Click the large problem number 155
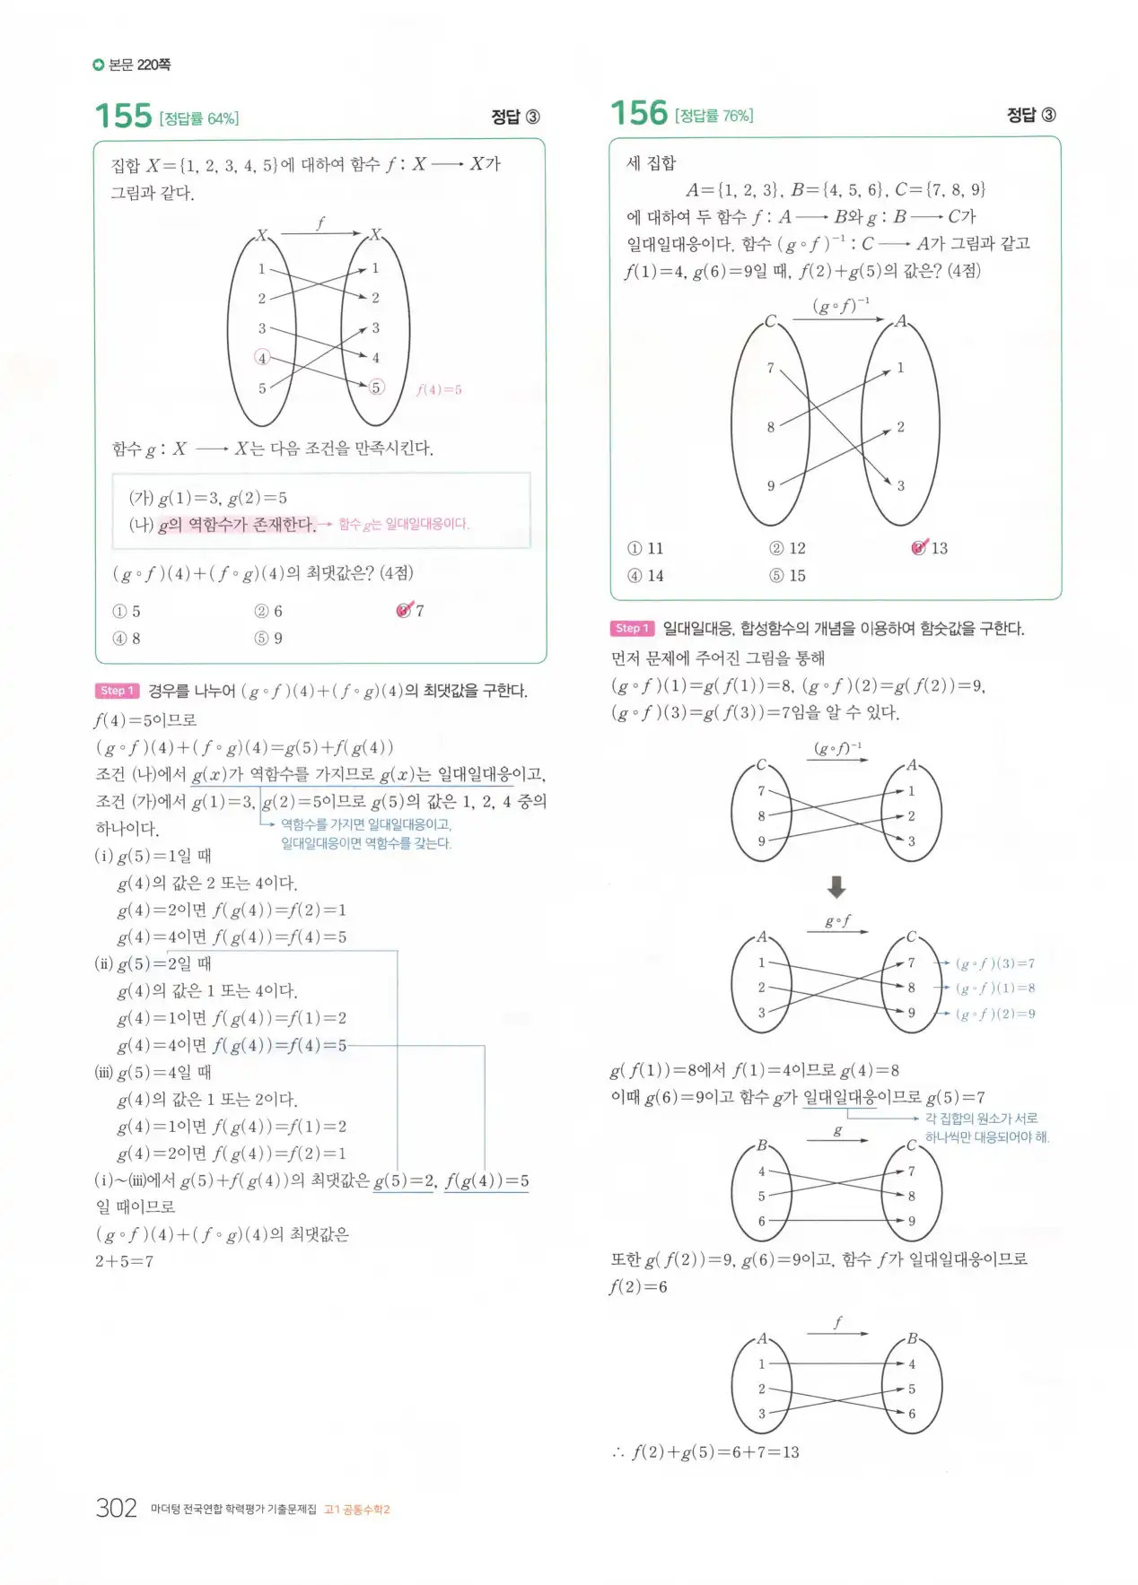pyautogui.click(x=123, y=117)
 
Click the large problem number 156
pyautogui.click(x=639, y=114)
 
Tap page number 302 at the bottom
pyautogui.click(x=116, y=1508)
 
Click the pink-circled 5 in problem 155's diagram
pyautogui.click(x=376, y=388)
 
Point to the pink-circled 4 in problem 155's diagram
pyautogui.click(x=262, y=358)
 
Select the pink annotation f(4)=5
pyautogui.click(x=439, y=390)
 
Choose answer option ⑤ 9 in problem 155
pyautogui.click(x=268, y=639)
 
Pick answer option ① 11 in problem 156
pyautogui.click(x=645, y=548)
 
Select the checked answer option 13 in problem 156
pyautogui.click(x=930, y=548)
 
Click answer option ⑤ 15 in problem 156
pyautogui.click(x=787, y=576)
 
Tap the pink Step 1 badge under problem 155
pyautogui.click(x=117, y=691)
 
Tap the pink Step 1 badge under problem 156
pyautogui.click(x=632, y=629)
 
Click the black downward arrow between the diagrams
pyautogui.click(x=836, y=887)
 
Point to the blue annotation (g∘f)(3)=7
pyautogui.click(x=994, y=963)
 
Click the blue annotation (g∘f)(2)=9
pyautogui.click(x=994, y=1015)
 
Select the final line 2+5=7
pyautogui.click(x=124, y=1261)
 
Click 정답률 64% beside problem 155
pyautogui.click(x=199, y=118)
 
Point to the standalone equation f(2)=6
pyautogui.click(x=638, y=1287)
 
